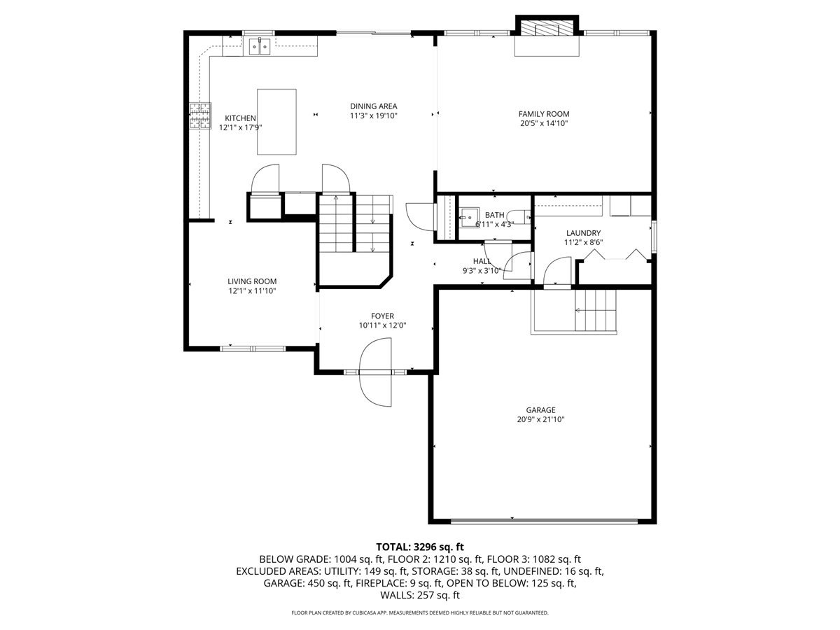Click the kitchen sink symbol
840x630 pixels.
point(260,47)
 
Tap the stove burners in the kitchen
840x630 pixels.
point(199,116)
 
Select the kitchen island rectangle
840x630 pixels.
point(276,122)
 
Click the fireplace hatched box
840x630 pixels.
point(547,27)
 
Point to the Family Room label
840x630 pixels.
point(543,114)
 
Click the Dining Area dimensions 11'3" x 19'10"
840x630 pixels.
point(374,115)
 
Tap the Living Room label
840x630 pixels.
point(252,281)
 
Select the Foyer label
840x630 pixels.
point(382,316)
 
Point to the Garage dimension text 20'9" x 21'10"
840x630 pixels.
point(540,419)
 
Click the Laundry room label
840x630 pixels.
point(583,233)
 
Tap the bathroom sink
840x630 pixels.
point(470,218)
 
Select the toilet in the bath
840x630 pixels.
point(519,217)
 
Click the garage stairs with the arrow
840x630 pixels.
point(596,310)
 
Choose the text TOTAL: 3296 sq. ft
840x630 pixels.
point(420,547)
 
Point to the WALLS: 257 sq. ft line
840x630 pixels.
point(420,595)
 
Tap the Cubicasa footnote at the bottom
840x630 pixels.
point(420,612)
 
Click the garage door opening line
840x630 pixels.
point(544,521)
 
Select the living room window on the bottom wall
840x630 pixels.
point(253,349)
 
